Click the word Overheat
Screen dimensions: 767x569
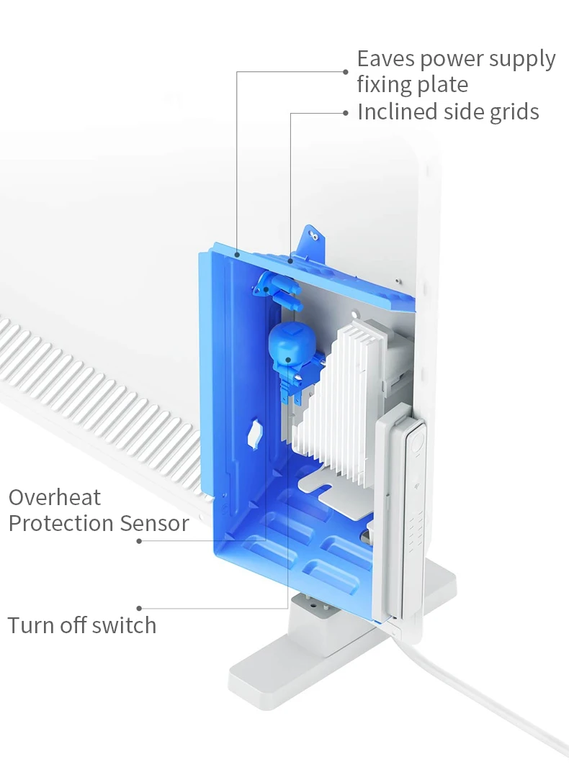tap(55, 497)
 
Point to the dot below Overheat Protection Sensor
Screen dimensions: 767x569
tap(139, 540)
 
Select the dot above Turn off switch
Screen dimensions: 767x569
tap(139, 608)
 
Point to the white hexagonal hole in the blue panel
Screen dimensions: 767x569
tap(254, 434)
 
